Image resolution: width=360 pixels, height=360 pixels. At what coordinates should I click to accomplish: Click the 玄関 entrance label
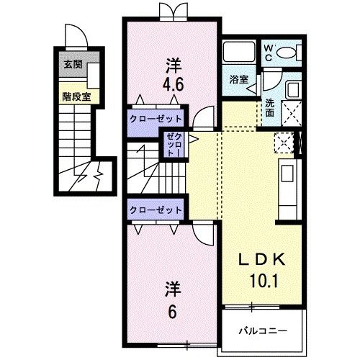tap(73, 64)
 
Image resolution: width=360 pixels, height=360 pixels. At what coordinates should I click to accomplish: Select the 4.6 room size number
tap(173, 84)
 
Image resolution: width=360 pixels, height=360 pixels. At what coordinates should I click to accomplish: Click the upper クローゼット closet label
tap(156, 118)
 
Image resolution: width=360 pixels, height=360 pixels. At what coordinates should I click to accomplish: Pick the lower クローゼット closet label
tap(156, 209)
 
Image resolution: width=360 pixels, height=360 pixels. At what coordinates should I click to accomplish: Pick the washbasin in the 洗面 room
tap(292, 90)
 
